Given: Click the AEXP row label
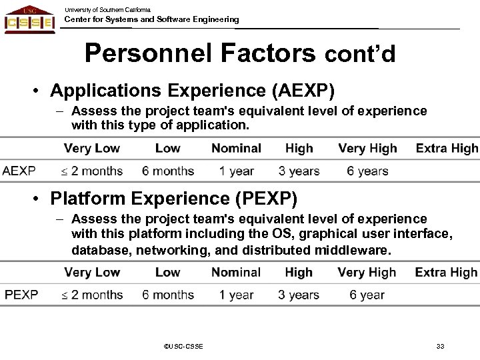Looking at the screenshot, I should click(19, 171).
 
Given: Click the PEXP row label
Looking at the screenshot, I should click(21, 295).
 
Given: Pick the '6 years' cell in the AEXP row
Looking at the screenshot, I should click(367, 171).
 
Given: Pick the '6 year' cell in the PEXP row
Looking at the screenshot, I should click(367, 295).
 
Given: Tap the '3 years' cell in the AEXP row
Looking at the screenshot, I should click(299, 171).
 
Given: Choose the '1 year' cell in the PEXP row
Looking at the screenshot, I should click(236, 295).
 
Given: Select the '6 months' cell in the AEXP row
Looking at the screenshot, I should click(168, 171).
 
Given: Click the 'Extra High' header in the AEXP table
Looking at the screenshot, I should click(447, 148).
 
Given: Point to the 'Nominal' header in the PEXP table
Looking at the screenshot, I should click(236, 272).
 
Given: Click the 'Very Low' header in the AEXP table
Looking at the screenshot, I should click(92, 148).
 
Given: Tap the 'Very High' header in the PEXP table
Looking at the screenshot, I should click(367, 272).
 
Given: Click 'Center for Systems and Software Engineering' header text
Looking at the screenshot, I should click(151, 19).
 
